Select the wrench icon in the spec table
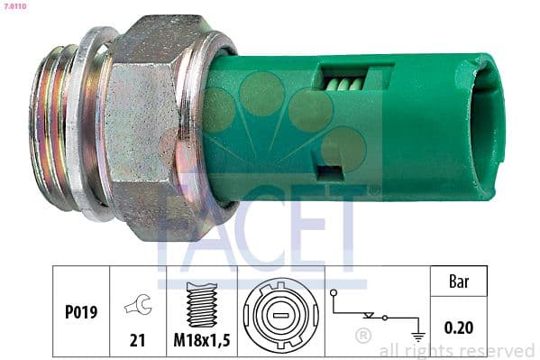pyautogui.click(x=138, y=304)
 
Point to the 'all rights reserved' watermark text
pyautogui.click(x=457, y=350)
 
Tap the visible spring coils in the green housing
pyautogui.click(x=343, y=83)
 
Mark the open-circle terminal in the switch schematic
pyautogui.click(x=334, y=294)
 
